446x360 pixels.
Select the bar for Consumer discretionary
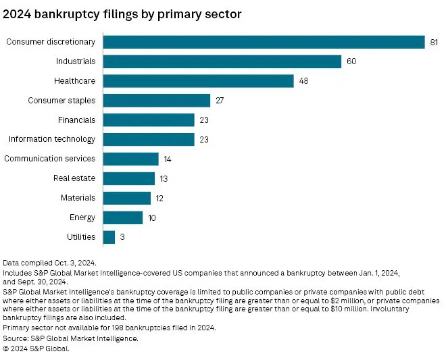pos(264,42)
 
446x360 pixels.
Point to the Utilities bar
pos(109,237)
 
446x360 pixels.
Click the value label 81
pos(435,42)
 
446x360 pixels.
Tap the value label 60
pos(351,61)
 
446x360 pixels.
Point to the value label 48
pos(304,81)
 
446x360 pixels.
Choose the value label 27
pos(220,101)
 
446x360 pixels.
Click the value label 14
pos(168,159)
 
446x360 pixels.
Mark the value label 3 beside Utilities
pos(122,237)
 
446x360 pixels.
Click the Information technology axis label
pos(52,139)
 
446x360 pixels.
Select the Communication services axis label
pos(50,159)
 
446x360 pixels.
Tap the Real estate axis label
pos(74,178)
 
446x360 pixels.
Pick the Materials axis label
pos(78,198)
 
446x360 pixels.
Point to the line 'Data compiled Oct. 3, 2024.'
pos(49,261)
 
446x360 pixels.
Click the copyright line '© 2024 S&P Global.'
pos(36,349)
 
